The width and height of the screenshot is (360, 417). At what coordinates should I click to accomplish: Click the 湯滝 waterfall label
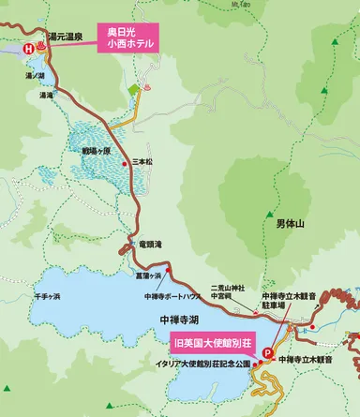coord(46,95)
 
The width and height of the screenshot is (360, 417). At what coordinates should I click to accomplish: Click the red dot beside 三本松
coord(127,165)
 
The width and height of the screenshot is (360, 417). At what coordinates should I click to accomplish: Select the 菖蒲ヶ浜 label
coord(149,276)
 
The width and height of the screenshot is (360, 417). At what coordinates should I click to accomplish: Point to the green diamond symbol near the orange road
coord(133,88)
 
